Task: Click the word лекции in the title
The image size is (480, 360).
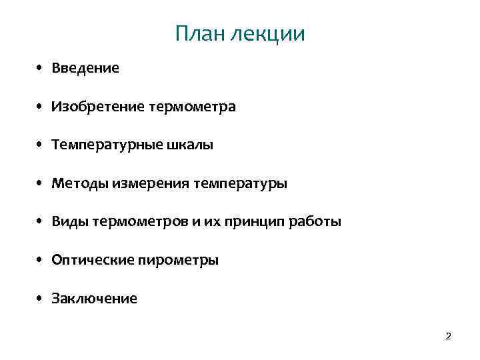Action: (267, 34)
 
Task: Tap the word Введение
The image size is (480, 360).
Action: (86, 68)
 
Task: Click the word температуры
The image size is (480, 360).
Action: (240, 183)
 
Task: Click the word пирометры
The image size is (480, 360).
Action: (179, 260)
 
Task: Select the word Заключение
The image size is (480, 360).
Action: (95, 299)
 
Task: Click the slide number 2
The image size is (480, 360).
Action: (448, 337)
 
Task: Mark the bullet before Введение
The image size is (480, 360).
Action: (41, 68)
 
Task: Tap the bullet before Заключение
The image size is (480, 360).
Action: (41, 299)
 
